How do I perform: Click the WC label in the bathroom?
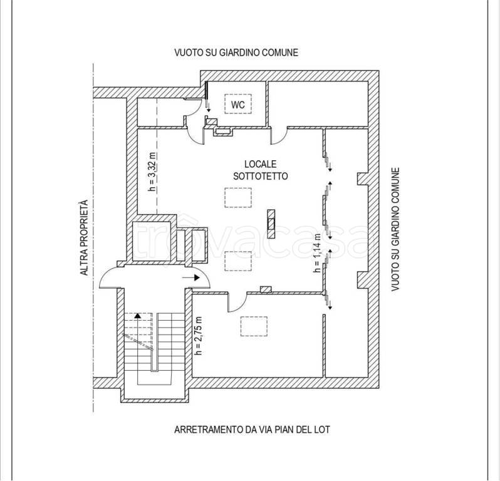pos(238,104)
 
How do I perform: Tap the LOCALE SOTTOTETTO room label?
pos(261,170)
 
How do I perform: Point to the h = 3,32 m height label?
pos(153,172)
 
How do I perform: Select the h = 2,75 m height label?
pos(199,336)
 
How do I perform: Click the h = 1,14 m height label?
pos(317,253)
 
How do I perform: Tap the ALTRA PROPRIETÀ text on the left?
pos(84,238)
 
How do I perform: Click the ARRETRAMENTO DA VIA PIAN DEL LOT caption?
pos(252,430)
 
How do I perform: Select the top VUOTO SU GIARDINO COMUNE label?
pos(236,52)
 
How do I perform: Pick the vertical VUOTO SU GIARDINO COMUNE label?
pos(395,229)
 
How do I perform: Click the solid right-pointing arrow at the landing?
pos(191,277)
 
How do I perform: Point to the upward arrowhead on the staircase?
pos(137,316)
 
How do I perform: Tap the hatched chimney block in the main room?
pos(271,224)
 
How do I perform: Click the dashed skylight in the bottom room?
pos(254,326)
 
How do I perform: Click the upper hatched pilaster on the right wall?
pos(363,178)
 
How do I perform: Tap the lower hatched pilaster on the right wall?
pos(363,280)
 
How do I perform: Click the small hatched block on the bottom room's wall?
pos(266,289)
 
